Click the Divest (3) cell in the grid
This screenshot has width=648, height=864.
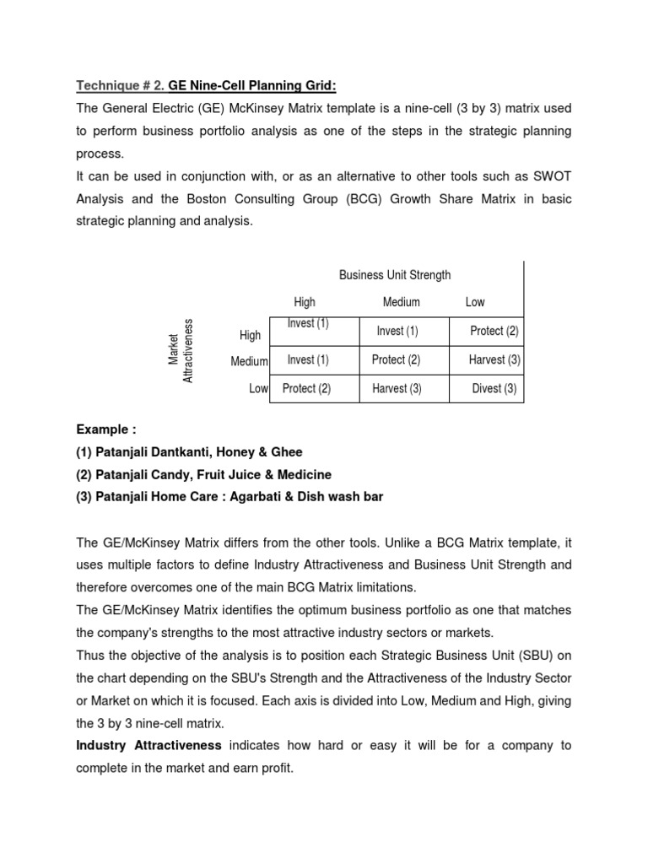pyautogui.click(x=494, y=389)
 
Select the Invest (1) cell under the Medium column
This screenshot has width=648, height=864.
pyautogui.click(x=397, y=332)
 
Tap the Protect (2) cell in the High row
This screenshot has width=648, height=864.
pyautogui.click(x=494, y=332)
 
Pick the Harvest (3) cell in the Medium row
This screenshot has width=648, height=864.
pyautogui.click(x=494, y=360)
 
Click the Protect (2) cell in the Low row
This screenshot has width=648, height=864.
pyautogui.click(x=306, y=389)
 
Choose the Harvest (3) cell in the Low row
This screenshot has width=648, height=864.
pyautogui.click(x=397, y=389)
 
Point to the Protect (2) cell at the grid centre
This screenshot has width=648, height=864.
pyautogui.click(x=396, y=360)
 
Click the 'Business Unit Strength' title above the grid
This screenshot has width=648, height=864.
pyautogui.click(x=395, y=275)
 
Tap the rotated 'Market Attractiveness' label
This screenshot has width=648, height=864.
pyautogui.click(x=181, y=350)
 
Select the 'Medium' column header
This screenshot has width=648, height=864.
pyautogui.click(x=401, y=302)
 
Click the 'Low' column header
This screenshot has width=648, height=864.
pyautogui.click(x=475, y=302)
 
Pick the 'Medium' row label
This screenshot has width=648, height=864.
pyautogui.click(x=249, y=362)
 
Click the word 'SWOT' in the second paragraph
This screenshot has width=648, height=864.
pyautogui.click(x=550, y=176)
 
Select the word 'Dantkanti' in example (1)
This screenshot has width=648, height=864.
pyautogui.click(x=179, y=452)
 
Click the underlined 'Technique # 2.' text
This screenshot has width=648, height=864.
pyautogui.click(x=121, y=85)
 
